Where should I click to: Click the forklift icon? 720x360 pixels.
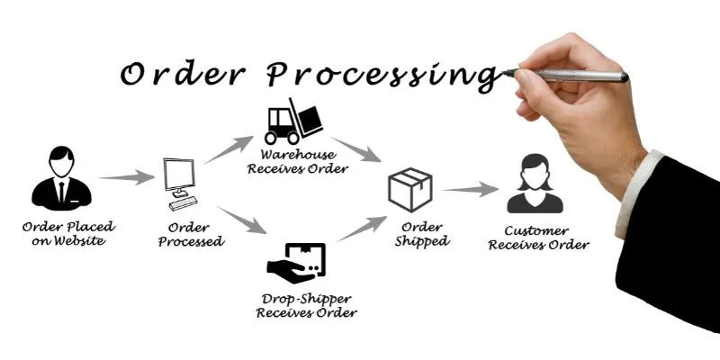[293, 121]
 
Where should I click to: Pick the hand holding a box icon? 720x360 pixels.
[297, 260]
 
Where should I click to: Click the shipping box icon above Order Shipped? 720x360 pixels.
[409, 189]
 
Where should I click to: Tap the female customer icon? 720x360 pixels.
[535, 184]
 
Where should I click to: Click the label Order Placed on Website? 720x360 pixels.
[70, 234]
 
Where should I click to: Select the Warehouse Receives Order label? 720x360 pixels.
[306, 160]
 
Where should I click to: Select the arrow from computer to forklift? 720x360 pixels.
[229, 149]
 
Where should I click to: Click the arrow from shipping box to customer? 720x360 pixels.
[470, 190]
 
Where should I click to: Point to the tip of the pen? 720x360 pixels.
[507, 71]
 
